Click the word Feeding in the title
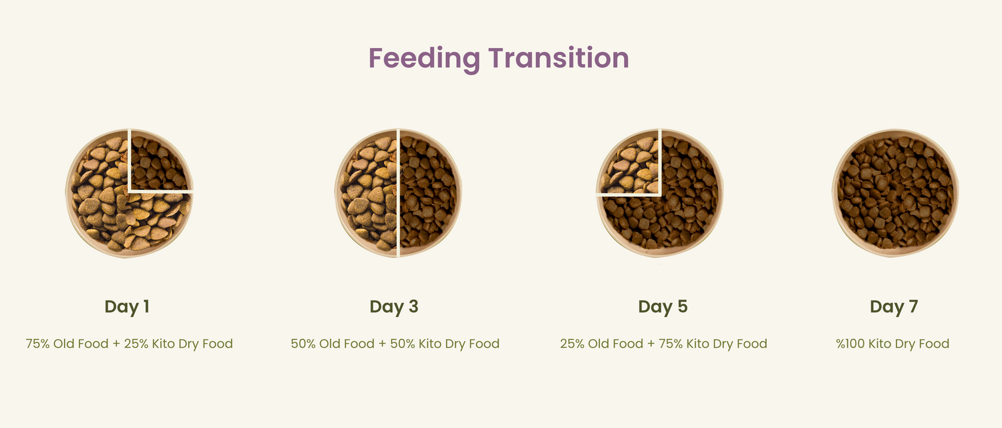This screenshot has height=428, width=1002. click(x=424, y=59)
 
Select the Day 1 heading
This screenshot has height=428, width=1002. click(x=127, y=306)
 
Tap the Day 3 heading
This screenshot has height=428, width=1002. click(x=393, y=306)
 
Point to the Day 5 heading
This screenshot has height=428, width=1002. click(x=663, y=306)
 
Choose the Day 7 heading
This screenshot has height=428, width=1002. click(x=894, y=306)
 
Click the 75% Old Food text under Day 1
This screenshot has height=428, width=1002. click(x=67, y=343)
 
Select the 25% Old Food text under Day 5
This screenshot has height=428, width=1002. click(x=602, y=343)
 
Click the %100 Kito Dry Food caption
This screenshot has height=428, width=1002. click(x=892, y=343)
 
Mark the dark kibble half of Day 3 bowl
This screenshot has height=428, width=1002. click(x=428, y=193)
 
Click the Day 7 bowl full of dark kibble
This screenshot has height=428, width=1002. click(x=895, y=193)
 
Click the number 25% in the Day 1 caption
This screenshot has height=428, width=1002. click(x=136, y=343)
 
